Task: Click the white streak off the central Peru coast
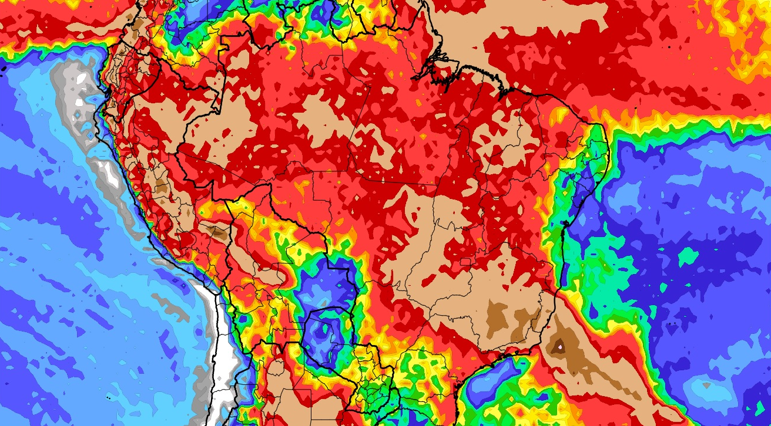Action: [109, 170]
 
